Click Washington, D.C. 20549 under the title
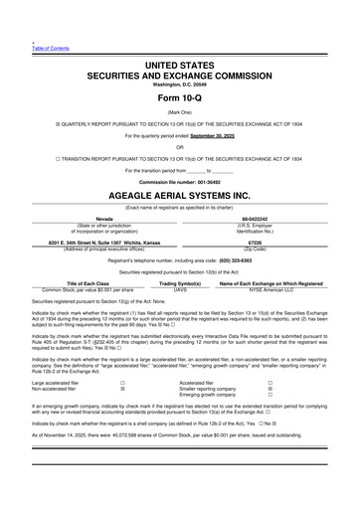coord(179,83)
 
